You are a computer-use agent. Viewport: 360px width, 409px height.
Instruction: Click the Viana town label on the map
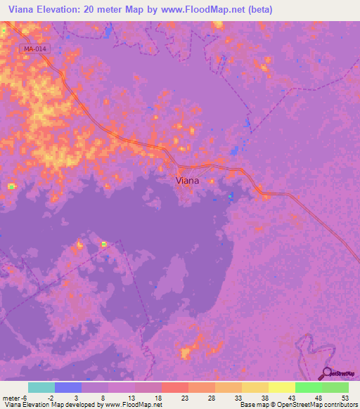(186, 181)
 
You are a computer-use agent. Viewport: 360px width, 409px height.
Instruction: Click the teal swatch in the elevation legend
(41, 387)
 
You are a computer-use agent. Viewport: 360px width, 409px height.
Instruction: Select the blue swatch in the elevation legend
(68, 387)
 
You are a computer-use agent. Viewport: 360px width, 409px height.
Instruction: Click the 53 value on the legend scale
(345, 397)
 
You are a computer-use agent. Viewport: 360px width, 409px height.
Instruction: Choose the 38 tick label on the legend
(264, 397)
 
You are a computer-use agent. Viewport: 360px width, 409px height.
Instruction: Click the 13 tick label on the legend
(131, 397)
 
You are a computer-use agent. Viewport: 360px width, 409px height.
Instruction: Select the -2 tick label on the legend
(50, 397)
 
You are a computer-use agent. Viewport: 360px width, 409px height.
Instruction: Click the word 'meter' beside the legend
(10, 397)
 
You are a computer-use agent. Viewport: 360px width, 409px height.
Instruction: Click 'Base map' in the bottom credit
(254, 405)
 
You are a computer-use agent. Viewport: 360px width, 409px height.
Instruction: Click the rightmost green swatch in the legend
(335, 387)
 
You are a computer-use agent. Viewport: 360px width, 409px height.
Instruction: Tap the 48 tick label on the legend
(318, 397)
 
